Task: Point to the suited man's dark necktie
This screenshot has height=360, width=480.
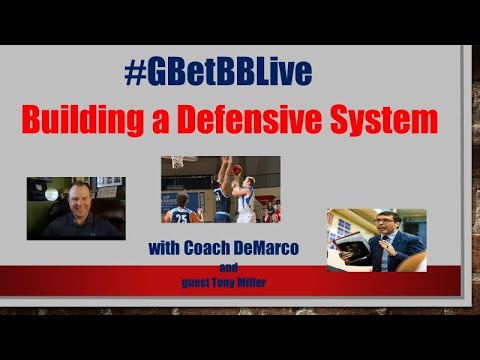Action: [x=385, y=250]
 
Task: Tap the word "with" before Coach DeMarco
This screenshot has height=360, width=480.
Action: [x=166, y=247]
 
